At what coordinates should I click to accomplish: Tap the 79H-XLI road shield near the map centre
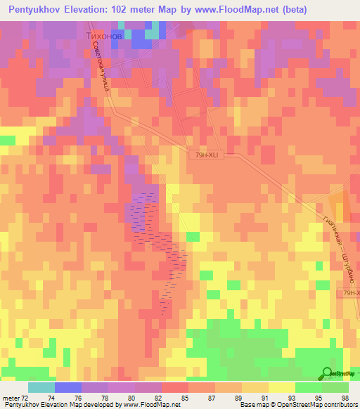click(x=206, y=157)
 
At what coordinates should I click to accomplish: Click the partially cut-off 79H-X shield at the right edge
click(x=350, y=293)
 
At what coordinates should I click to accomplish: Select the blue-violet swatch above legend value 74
click(x=67, y=387)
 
